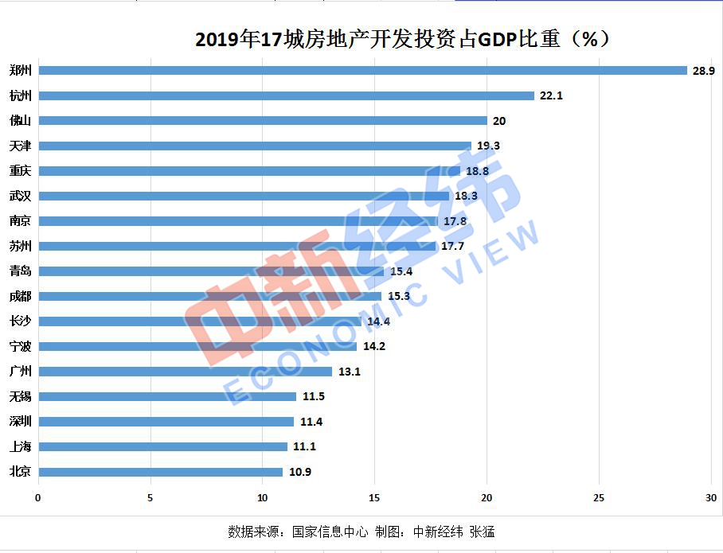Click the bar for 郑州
[x=362, y=70]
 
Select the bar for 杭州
[x=287, y=95]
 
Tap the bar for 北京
[x=160, y=472]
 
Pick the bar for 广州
[x=185, y=372]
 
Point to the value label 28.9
[x=704, y=71]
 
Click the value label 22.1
[x=551, y=95]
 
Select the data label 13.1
[x=349, y=372]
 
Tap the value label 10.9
[x=299, y=472]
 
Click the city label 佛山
[x=20, y=121]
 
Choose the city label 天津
[x=20, y=146]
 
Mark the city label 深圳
[x=20, y=422]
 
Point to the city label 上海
[x=20, y=446]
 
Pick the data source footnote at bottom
[x=361, y=531]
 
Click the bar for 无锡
[x=167, y=396]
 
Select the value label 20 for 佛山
[x=499, y=121]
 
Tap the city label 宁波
[x=20, y=347]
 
